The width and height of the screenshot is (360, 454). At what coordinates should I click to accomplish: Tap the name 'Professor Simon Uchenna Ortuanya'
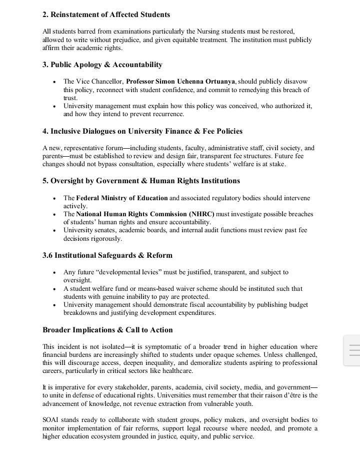click(180, 81)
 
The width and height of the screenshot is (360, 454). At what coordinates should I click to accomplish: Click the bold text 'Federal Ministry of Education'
click(122, 198)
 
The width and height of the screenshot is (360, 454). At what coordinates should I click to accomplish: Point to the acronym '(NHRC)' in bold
click(202, 214)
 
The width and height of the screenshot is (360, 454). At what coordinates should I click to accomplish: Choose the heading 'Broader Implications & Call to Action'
click(107, 330)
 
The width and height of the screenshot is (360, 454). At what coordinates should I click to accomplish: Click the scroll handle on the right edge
click(352, 350)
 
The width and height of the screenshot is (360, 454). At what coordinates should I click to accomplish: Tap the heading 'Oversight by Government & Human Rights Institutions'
click(141, 181)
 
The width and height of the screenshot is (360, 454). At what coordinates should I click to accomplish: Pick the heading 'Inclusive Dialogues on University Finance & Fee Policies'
click(142, 131)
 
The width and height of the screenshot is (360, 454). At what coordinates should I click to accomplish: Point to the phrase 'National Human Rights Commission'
click(131, 214)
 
